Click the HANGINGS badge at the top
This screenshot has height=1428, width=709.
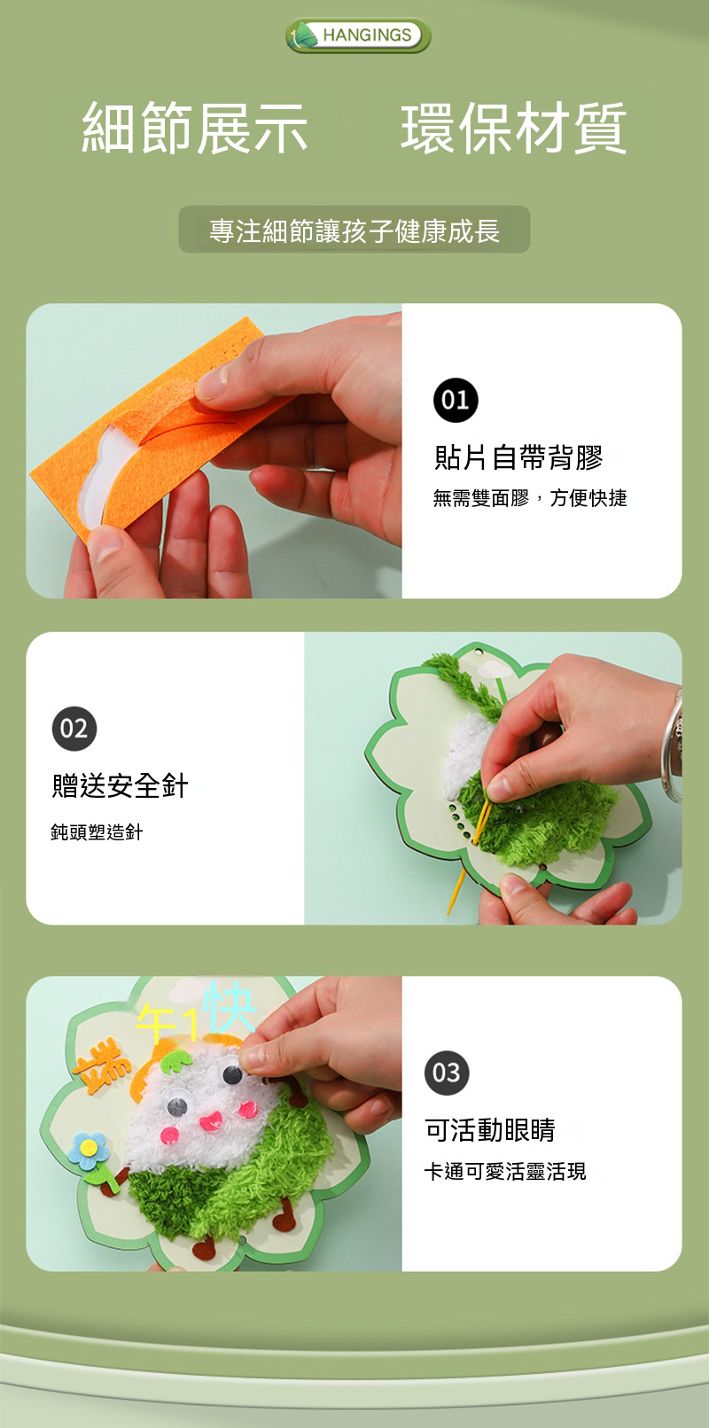pyautogui.click(x=358, y=35)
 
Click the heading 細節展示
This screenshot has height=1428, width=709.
pyautogui.click(x=195, y=129)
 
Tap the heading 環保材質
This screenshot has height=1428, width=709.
pyautogui.click(x=514, y=129)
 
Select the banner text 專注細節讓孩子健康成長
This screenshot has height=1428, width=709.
pyautogui.click(x=354, y=230)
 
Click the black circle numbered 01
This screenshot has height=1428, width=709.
pyautogui.click(x=456, y=401)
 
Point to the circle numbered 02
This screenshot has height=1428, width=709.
pyautogui.click(x=74, y=728)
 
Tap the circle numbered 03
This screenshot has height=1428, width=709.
pyautogui.click(x=447, y=1073)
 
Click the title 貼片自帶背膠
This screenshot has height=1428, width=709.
pyautogui.click(x=518, y=457)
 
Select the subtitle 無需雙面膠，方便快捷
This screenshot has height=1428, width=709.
pyautogui.click(x=530, y=498)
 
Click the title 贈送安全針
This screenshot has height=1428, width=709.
pyautogui.click(x=120, y=785)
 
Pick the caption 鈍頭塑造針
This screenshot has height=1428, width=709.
pyautogui.click(x=97, y=832)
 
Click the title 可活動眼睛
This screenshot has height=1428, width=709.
pyautogui.click(x=490, y=1129)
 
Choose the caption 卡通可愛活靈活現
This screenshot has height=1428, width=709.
pyautogui.click(x=505, y=1171)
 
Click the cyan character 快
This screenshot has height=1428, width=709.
pyautogui.click(x=230, y=1008)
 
